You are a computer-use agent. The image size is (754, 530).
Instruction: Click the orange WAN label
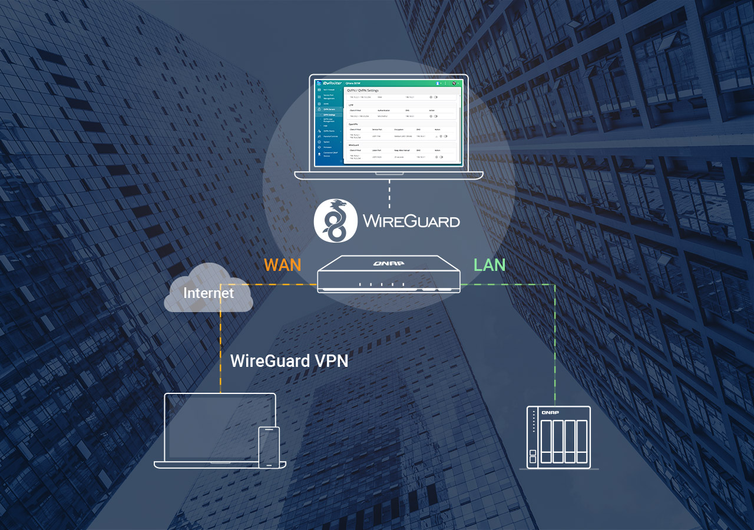click(282, 264)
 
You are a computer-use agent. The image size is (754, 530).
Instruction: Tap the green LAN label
click(490, 264)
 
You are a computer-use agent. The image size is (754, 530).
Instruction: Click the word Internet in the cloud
click(209, 293)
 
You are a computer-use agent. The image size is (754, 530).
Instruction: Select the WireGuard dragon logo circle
click(335, 221)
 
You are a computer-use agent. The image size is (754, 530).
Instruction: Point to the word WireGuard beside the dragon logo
click(411, 221)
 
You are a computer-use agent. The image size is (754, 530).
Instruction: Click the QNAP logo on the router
click(388, 263)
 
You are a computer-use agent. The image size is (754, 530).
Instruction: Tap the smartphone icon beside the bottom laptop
click(269, 447)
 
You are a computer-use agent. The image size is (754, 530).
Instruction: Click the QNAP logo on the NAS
click(550, 412)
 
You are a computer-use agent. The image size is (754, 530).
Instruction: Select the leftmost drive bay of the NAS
click(546, 440)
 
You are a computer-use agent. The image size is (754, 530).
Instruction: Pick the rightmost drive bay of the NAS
click(582, 440)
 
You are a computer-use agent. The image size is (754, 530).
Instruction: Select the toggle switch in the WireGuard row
click(441, 157)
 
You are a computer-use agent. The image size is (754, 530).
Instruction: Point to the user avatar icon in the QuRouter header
click(438, 83)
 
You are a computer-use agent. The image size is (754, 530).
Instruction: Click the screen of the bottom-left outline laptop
click(220, 426)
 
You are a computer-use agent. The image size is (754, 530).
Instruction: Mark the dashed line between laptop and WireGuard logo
click(389, 190)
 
